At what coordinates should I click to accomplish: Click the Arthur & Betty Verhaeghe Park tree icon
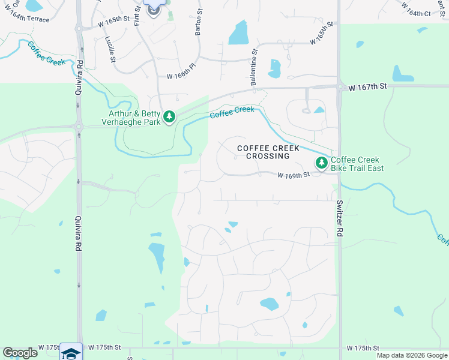pyautogui.click(x=169, y=116)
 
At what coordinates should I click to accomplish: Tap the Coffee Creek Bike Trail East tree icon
pyautogui.click(x=322, y=163)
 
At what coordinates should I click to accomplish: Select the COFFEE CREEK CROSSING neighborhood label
pyautogui.click(x=263, y=152)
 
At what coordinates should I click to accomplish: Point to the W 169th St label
pyautogui.click(x=293, y=175)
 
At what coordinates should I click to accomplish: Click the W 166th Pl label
pyautogui.click(x=182, y=75)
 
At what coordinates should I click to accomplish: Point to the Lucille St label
pyautogui.click(x=111, y=49)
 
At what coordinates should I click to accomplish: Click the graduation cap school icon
pyautogui.click(x=71, y=353)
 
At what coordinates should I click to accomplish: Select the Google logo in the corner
pyautogui.click(x=20, y=353)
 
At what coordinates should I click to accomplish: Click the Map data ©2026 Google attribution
pyautogui.click(x=412, y=355)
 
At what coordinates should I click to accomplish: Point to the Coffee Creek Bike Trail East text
pyautogui.click(x=357, y=164)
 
